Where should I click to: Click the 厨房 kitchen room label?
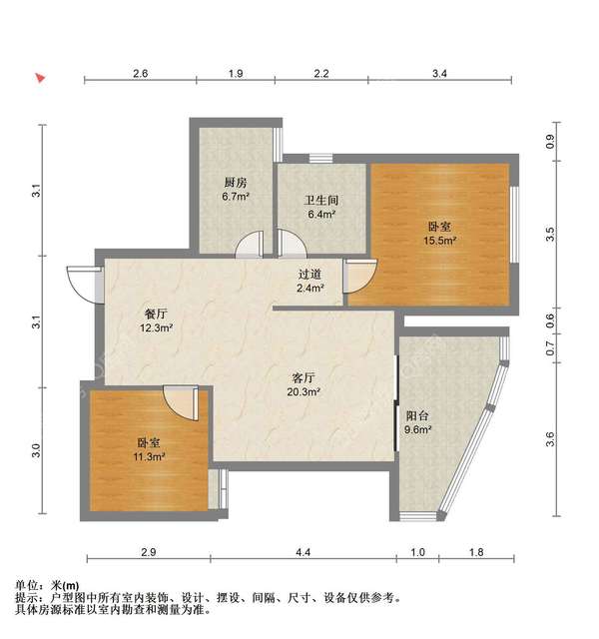tap(236, 183)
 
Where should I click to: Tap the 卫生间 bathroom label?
tap(319, 199)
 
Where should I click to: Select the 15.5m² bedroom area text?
tap(440, 241)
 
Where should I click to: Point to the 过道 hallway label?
tap(309, 274)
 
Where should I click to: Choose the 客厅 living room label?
tap(303, 378)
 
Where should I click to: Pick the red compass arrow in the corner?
tap(40, 77)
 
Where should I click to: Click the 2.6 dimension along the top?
tap(140, 74)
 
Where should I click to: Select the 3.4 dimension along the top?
tap(439, 74)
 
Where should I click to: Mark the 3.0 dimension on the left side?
tap(37, 450)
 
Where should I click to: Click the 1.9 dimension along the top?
tap(236, 74)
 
